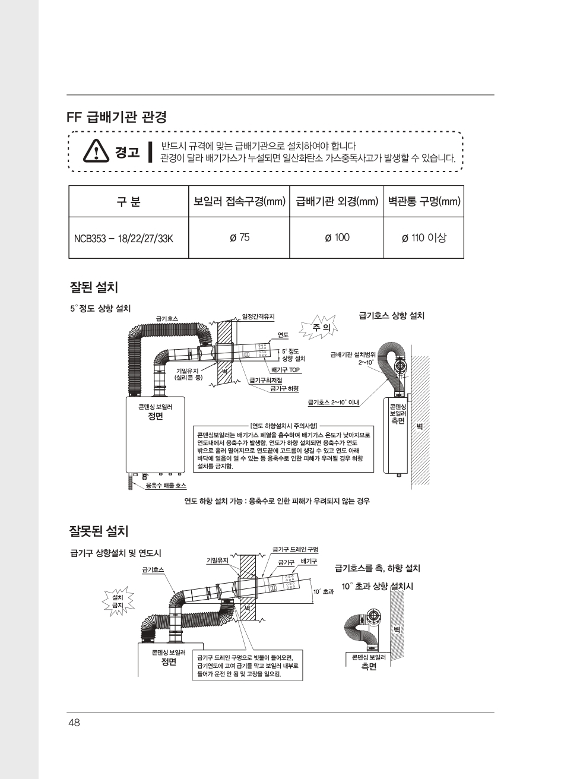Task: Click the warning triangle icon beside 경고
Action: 94,151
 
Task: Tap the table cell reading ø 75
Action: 239,237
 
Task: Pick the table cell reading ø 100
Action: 337,237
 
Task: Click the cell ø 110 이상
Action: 423,237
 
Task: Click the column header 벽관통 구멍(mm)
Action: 424,202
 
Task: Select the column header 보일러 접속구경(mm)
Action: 239,202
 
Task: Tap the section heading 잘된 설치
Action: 94,287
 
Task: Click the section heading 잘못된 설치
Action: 99,528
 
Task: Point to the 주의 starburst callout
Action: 321,327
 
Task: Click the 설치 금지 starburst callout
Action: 118,600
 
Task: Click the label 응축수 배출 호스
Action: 166,486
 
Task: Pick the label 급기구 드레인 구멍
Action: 295,549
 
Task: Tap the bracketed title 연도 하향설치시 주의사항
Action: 284,426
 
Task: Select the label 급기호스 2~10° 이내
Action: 329,403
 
